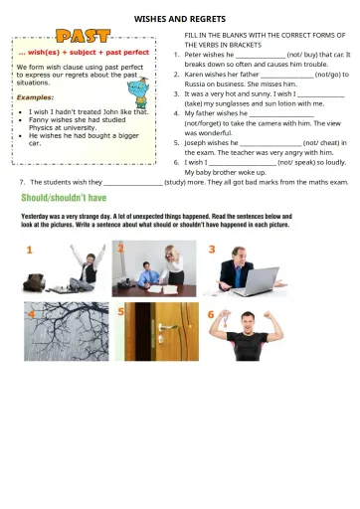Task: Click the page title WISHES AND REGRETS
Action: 180,19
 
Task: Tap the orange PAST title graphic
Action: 84,36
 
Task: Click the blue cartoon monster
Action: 138,92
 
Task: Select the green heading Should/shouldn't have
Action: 64,198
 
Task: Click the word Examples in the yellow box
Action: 35,97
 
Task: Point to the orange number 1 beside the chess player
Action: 29,250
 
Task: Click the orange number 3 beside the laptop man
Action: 212,249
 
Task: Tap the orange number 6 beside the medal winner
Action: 211,314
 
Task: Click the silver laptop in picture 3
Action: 257,282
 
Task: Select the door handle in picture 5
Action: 168,328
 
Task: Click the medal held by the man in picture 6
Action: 226,320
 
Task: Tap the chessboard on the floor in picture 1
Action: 60,290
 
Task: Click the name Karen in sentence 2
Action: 193,75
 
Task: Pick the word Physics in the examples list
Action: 40,128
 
